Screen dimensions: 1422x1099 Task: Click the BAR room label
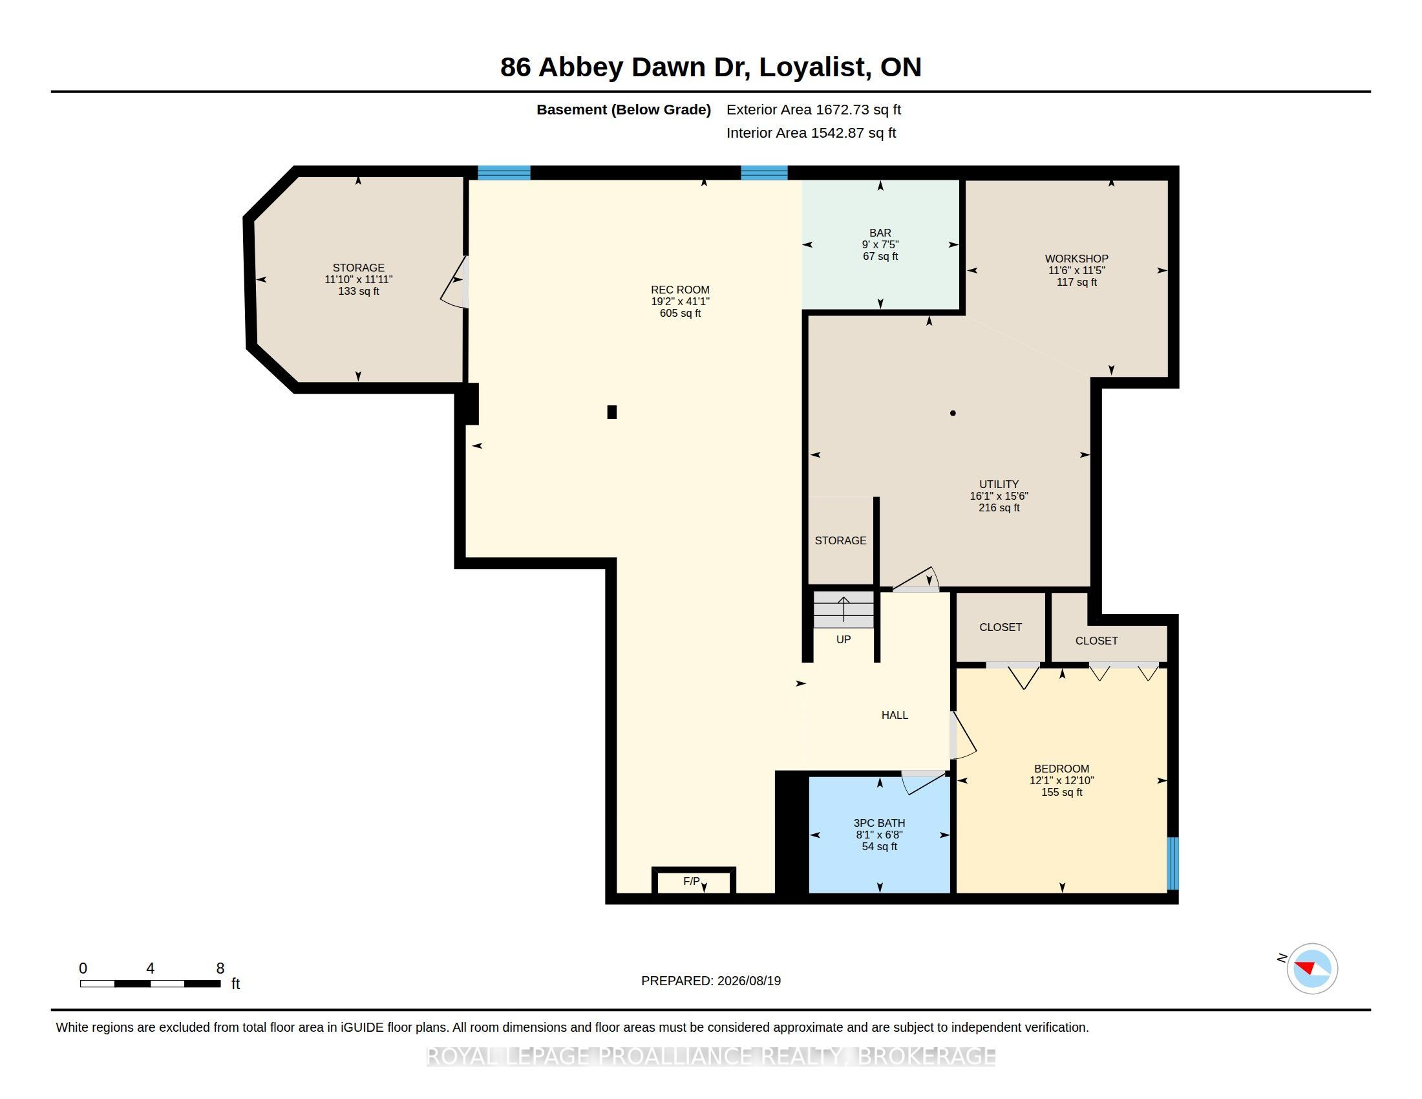click(x=880, y=233)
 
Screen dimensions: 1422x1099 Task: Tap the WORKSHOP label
click(x=1077, y=259)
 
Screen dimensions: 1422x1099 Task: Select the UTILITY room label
click(x=999, y=484)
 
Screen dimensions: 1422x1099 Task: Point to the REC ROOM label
click(x=680, y=290)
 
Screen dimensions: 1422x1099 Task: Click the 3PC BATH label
click(x=879, y=823)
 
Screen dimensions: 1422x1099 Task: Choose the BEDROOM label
click(x=1061, y=769)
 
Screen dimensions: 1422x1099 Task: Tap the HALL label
click(x=895, y=715)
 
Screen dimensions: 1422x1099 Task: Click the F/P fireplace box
click(x=694, y=882)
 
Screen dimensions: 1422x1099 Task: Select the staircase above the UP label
click(x=843, y=610)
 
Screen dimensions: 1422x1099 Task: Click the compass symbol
click(x=1312, y=968)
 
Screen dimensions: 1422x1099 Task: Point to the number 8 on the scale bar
click(x=220, y=968)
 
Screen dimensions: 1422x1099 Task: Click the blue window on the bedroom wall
click(x=1173, y=863)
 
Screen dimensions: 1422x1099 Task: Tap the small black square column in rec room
click(x=611, y=411)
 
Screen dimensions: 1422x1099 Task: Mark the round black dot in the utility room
click(x=953, y=413)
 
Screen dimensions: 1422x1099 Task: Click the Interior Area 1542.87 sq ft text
click(x=811, y=133)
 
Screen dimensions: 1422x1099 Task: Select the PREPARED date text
click(x=711, y=981)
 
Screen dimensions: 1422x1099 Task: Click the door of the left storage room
click(x=455, y=281)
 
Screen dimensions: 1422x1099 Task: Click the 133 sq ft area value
click(x=358, y=291)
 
